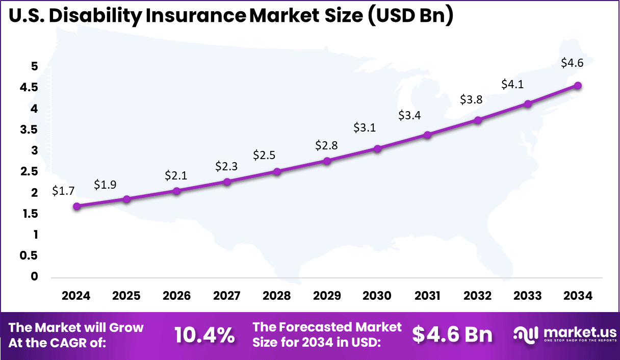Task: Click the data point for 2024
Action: [76, 206]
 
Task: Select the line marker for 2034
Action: [578, 86]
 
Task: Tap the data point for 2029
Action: [327, 161]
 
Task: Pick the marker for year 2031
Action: [428, 135]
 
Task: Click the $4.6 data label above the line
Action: [572, 63]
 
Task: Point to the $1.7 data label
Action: [63, 191]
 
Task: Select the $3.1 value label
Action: [365, 127]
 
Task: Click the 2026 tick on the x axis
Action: [177, 296]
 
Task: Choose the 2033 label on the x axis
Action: [528, 296]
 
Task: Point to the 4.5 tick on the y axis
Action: [29, 88]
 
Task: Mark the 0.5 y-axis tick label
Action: [29, 255]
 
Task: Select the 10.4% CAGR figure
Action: [204, 335]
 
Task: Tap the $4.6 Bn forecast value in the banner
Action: [452, 334]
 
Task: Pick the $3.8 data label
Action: [472, 100]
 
